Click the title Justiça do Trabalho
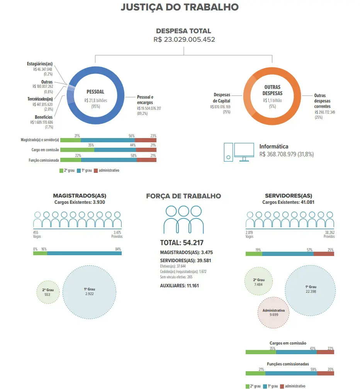click(180, 7)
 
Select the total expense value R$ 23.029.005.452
click(184, 39)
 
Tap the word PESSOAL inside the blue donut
click(95, 92)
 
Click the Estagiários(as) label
click(40, 64)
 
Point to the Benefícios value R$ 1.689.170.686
click(42, 122)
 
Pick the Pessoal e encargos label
click(145, 100)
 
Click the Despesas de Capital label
click(222, 98)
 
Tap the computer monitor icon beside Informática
click(244, 152)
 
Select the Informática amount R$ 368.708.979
click(278, 154)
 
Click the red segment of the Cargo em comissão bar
click(146, 150)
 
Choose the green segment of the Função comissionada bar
click(71, 160)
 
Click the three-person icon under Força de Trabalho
click(183, 220)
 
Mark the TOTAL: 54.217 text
click(182, 242)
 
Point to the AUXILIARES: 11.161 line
click(179, 286)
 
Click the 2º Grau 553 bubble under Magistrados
click(48, 292)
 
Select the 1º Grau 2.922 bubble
click(89, 292)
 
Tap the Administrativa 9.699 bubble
click(273, 312)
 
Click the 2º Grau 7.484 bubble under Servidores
click(259, 281)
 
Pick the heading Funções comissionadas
click(288, 364)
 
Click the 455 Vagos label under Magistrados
click(37, 234)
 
